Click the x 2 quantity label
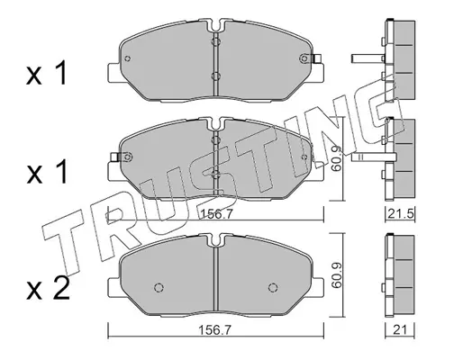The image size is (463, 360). [48, 289]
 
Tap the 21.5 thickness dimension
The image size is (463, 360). [401, 214]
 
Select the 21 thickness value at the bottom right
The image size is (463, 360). [400, 330]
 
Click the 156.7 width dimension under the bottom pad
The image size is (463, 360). [215, 330]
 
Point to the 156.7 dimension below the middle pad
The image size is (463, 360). [217, 214]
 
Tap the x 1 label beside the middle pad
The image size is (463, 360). [47, 171]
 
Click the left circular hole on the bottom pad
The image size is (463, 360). [159, 287]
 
